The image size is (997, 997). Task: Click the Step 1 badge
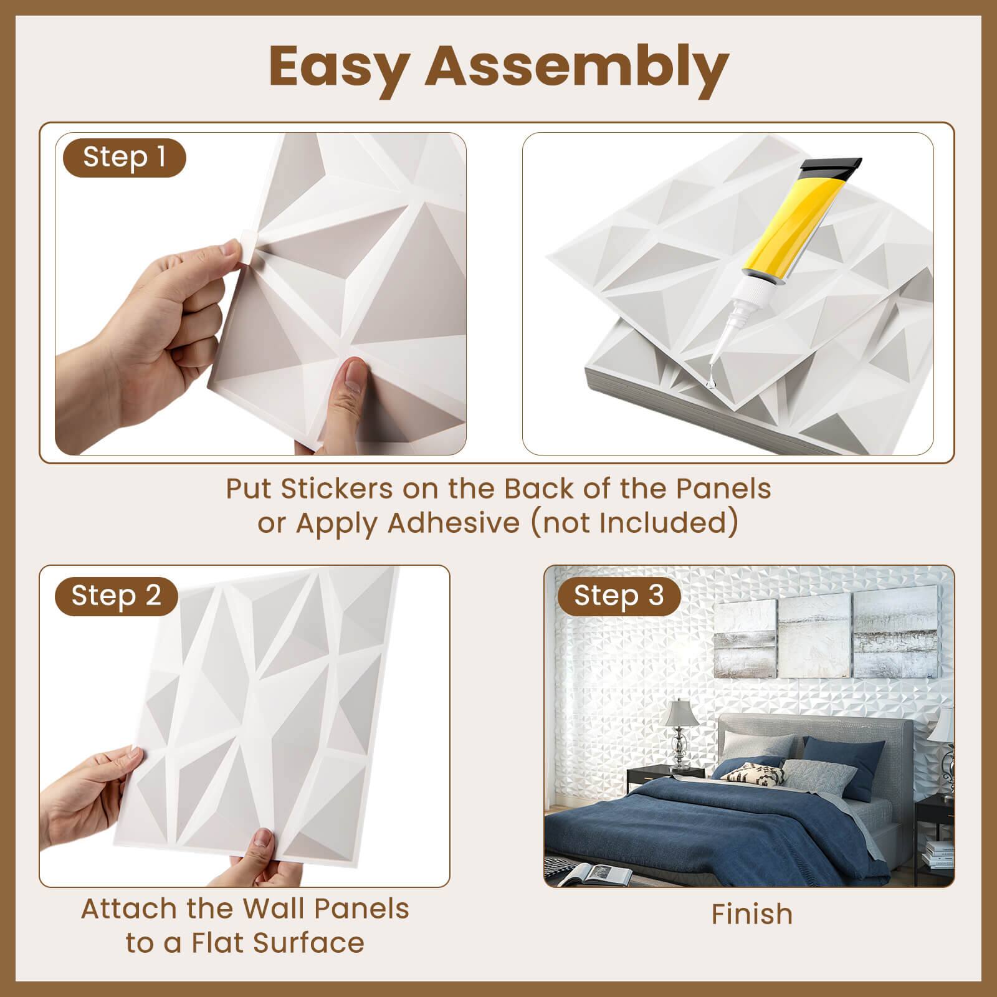click(125, 158)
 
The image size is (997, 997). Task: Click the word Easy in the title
click(337, 67)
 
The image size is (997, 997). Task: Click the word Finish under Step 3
click(752, 915)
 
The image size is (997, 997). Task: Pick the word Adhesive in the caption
click(454, 523)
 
